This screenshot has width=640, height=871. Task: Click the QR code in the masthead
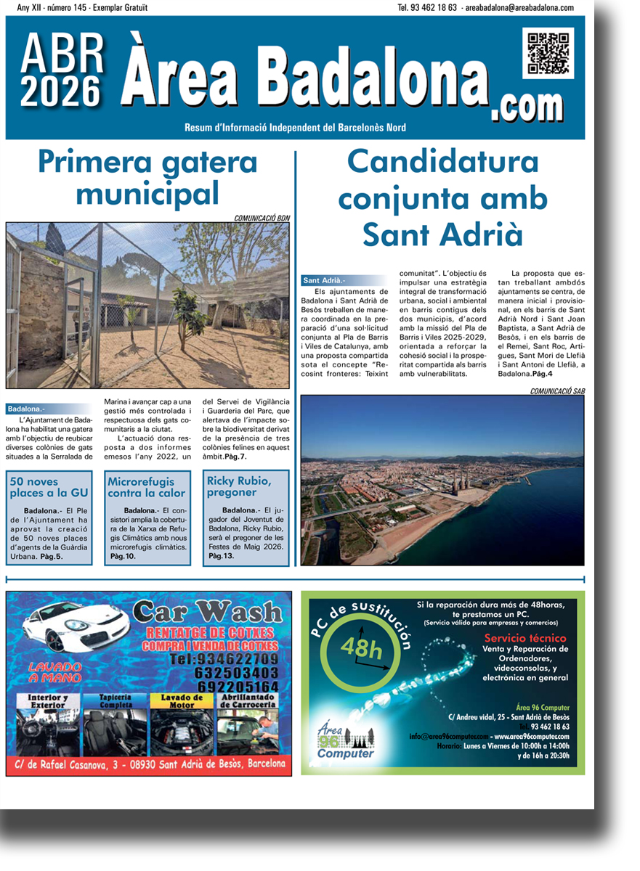(548, 53)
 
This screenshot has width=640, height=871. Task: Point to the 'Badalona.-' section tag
(26, 409)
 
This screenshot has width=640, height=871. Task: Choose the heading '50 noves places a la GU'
(49, 487)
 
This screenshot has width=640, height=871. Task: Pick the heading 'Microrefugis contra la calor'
(147, 487)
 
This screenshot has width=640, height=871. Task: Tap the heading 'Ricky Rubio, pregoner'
(239, 486)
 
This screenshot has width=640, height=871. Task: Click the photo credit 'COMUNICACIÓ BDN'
(262, 218)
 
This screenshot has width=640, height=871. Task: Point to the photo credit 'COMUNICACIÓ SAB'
(557, 391)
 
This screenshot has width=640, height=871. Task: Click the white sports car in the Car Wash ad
(76, 626)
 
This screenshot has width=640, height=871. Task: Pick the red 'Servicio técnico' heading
(525, 638)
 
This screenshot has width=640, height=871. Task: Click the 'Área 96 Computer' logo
(345, 740)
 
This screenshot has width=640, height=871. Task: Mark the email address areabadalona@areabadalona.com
(517, 8)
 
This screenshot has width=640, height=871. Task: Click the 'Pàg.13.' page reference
(222, 556)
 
